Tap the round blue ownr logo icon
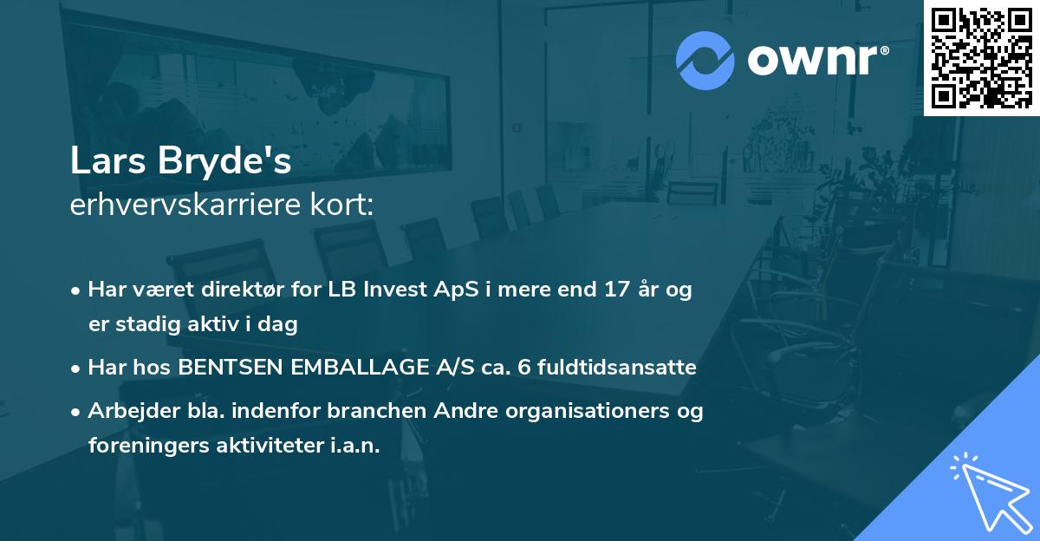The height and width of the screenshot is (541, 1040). (705, 61)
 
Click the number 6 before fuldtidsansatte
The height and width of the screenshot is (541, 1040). (523, 368)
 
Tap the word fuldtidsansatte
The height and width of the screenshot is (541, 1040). (616, 368)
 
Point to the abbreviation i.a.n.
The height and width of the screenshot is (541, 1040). (356, 446)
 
